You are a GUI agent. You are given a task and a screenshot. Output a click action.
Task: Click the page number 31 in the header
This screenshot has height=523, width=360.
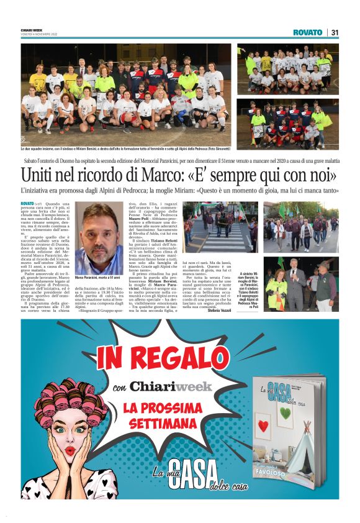[335, 32]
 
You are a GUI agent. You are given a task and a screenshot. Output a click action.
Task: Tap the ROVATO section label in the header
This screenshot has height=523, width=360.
[308, 32]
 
